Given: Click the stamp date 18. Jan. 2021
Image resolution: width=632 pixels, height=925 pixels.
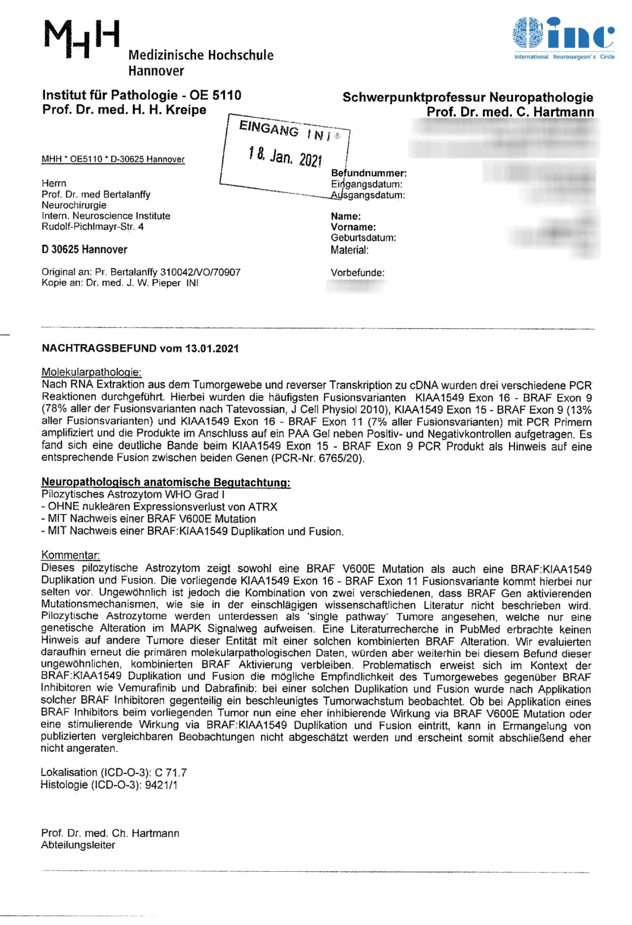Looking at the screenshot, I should point(285,156).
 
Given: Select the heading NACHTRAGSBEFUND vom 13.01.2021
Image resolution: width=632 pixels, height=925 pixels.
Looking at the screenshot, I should point(140,348).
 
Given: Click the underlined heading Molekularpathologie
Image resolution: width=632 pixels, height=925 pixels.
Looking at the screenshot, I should point(91,372).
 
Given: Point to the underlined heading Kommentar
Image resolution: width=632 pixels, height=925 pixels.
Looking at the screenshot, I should point(70,555).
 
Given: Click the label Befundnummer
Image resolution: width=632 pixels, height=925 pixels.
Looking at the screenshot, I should point(369,173).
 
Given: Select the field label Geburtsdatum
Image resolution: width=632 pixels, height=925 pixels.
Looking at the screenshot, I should point(363,238).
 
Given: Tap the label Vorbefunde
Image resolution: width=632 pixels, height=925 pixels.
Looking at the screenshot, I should point(358,273).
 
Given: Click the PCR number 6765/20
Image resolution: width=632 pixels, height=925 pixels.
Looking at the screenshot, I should point(341,458).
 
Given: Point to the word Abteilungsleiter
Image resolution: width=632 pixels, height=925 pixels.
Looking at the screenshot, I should point(78,845).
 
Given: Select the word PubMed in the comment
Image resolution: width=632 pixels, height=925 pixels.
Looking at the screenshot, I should point(480,629).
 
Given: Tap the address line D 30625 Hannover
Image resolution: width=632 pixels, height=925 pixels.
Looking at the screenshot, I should point(84,249).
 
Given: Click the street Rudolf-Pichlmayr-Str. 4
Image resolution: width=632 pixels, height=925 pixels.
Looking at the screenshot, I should point(92,227).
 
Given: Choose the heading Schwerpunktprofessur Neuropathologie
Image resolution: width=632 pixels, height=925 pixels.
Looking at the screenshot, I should point(468,97).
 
